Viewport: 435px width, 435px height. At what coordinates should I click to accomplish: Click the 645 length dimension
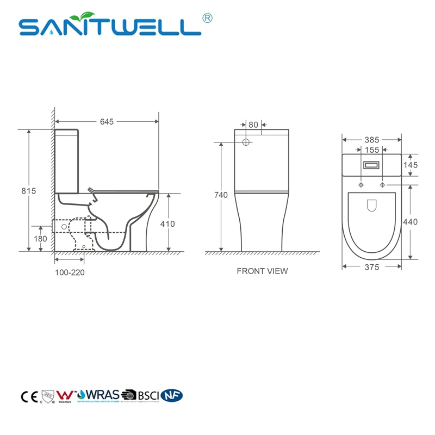(107, 122)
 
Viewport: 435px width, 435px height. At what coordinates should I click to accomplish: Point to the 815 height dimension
(28, 191)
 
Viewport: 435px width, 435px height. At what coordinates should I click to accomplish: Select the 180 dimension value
(41, 238)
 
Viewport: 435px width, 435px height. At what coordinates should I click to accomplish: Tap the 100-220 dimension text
(70, 272)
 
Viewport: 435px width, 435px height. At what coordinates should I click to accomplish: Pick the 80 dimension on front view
(253, 125)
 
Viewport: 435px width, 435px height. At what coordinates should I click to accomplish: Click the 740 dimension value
(220, 195)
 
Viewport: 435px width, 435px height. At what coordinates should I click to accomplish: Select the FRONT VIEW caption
(262, 271)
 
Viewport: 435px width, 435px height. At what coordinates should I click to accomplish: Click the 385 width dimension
(372, 140)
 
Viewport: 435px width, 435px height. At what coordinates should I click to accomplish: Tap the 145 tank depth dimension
(411, 165)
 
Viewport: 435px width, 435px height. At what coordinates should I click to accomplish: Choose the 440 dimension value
(411, 221)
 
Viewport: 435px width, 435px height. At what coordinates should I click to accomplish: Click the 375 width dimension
(372, 266)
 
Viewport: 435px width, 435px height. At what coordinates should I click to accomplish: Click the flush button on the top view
(371, 164)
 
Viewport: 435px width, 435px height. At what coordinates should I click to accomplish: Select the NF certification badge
(173, 395)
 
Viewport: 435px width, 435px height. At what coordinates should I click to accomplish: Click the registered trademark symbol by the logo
(207, 18)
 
